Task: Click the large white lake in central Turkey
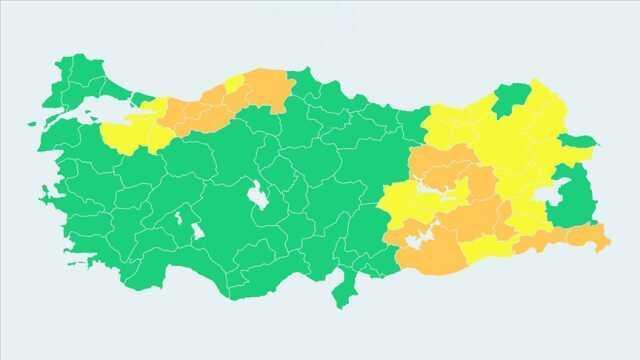[x=257, y=196]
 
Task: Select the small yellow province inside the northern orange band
[x=234, y=84]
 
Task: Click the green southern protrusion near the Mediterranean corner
[x=347, y=290]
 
